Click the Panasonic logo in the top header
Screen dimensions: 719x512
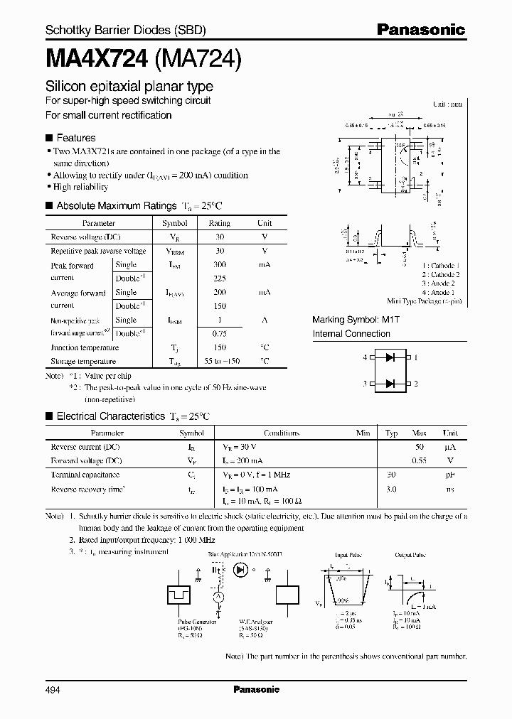pos(420,29)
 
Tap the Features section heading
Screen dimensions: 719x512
pos(75,138)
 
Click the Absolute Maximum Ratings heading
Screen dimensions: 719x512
pos(116,205)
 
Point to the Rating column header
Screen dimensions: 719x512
pos(219,223)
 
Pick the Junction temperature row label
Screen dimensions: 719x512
pos(85,347)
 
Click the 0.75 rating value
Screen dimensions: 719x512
pos(219,333)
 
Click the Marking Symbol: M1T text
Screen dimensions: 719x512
pos(356,320)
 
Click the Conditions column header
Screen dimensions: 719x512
pos(282,433)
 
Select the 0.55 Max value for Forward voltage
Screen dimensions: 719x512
pos(419,460)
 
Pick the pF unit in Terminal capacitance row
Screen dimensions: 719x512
pos(450,475)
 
